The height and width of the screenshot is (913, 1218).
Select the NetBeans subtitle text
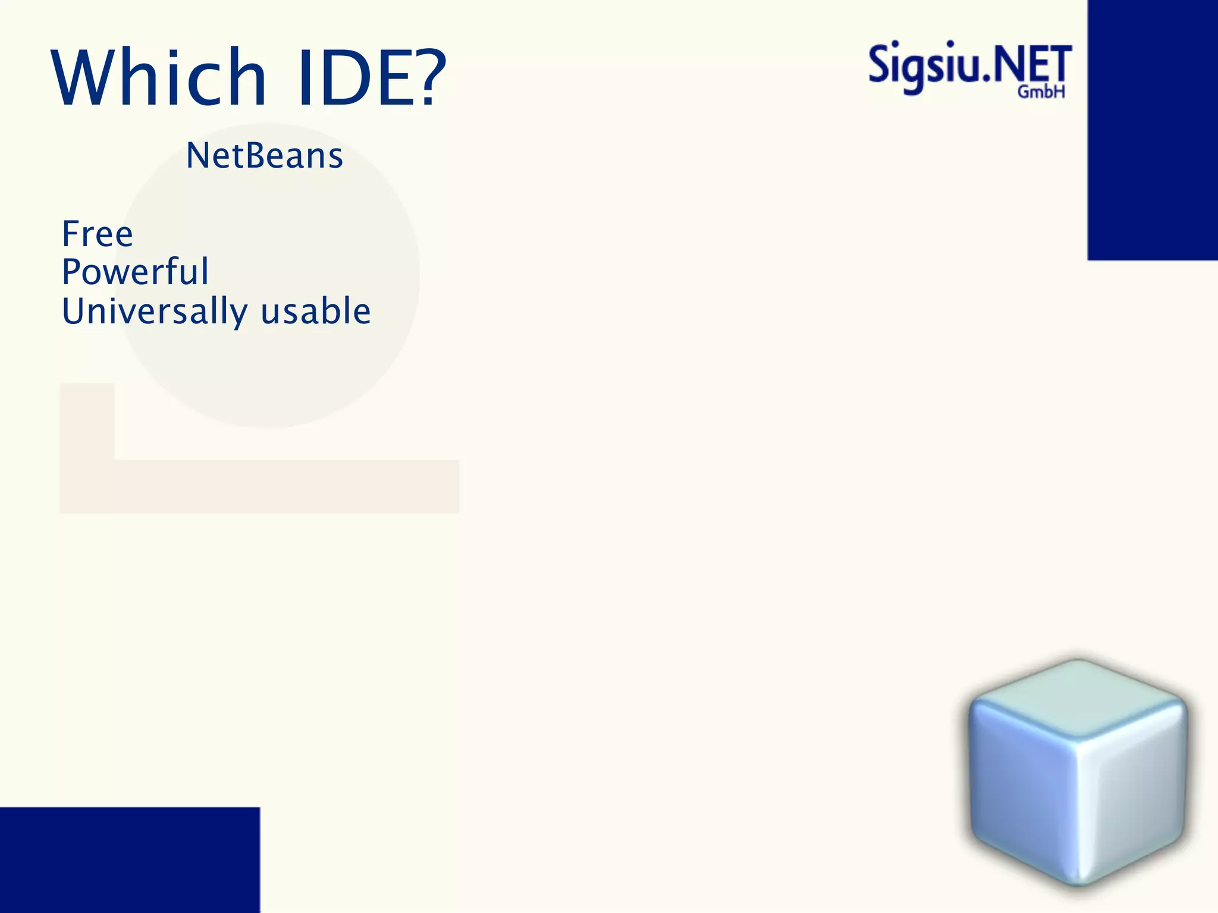point(265,156)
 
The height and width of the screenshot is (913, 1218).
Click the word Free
point(98,234)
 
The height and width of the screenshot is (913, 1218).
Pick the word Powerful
point(136,272)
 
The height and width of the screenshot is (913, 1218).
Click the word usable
point(316,311)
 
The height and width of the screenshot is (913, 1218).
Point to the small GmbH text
point(1041,92)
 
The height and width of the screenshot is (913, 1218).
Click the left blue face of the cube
point(1020,791)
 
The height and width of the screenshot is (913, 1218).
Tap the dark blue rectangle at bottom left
point(130,860)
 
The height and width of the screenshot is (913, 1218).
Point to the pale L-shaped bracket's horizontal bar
point(285,486)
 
